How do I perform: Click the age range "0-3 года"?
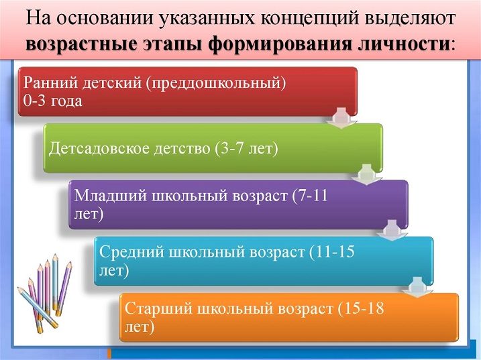(53, 101)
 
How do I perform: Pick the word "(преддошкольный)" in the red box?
(216, 83)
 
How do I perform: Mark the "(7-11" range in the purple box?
(310, 196)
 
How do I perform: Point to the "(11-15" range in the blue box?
(331, 252)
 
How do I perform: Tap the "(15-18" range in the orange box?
(361, 308)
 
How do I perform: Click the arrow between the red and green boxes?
(341, 117)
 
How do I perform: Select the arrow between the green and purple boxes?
(367, 174)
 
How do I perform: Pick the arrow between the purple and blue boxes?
(392, 231)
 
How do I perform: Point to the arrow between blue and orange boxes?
(417, 287)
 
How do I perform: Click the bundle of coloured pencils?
(45, 292)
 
